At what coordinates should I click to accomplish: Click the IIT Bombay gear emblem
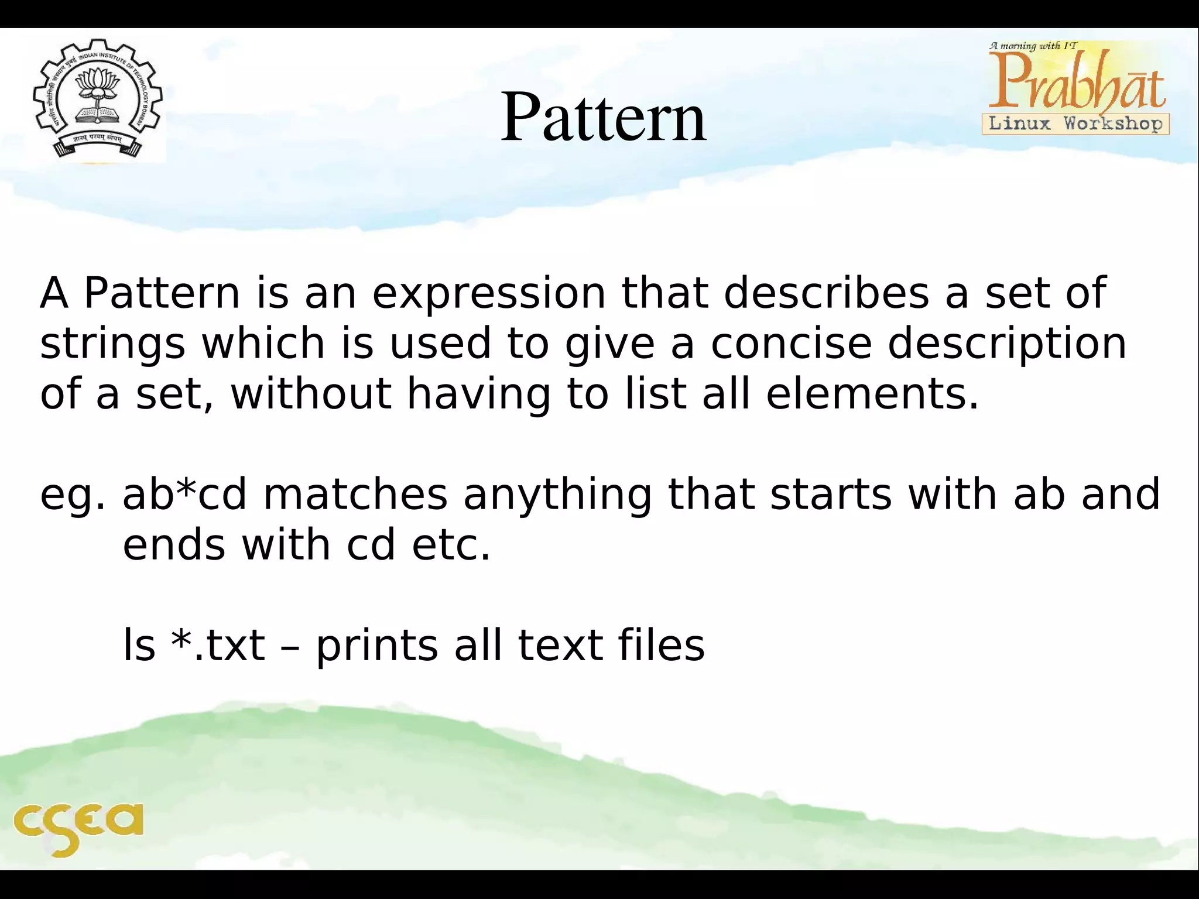point(98,98)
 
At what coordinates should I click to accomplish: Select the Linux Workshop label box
point(1075,124)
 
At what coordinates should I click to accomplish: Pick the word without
point(311,393)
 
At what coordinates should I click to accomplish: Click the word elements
point(872,393)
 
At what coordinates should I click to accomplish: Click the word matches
point(355,494)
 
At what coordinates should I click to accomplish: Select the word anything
point(557,495)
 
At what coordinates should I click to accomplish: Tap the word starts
point(831,494)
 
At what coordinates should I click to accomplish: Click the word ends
point(174,544)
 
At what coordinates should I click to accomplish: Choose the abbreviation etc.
point(451,544)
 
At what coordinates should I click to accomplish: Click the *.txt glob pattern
point(218,645)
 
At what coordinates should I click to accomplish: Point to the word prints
point(377,646)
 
